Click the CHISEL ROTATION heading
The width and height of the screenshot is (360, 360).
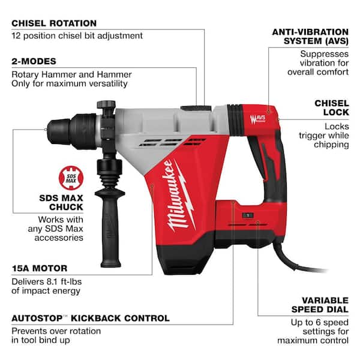(54, 23)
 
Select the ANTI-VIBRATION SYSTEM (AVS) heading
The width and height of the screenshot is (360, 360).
(310, 37)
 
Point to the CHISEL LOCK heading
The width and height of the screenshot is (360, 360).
(331, 109)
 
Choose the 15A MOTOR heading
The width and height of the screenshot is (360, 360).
(40, 268)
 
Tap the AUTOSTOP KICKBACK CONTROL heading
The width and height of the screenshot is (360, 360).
(91, 318)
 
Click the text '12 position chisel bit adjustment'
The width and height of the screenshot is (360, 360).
(77, 35)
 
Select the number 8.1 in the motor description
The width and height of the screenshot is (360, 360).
(52, 280)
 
